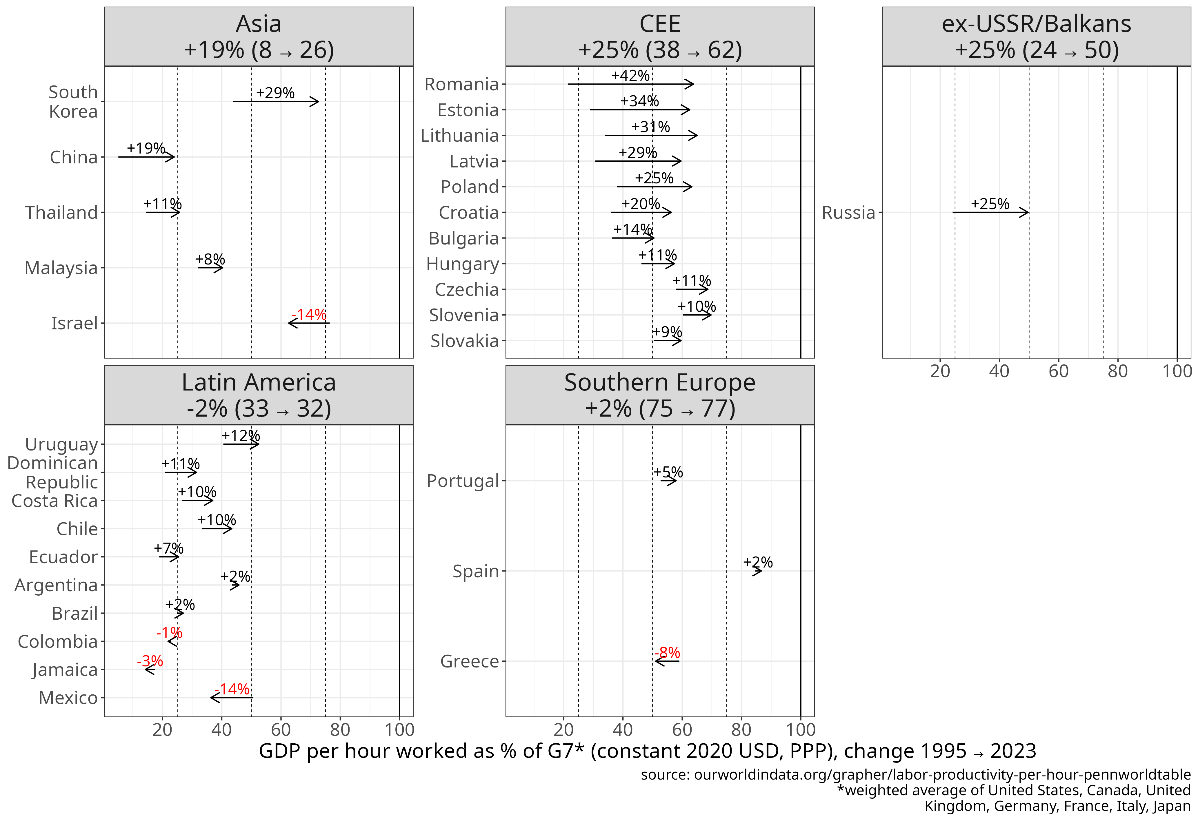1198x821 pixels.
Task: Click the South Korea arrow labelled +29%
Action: tap(275, 101)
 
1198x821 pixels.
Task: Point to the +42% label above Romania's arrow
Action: tap(630, 75)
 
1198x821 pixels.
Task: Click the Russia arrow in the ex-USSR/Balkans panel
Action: tap(990, 212)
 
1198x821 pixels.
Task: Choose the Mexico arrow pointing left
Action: tap(232, 697)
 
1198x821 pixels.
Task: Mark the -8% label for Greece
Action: tap(667, 653)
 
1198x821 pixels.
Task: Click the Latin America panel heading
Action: tap(259, 395)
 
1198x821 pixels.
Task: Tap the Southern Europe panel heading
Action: tap(660, 395)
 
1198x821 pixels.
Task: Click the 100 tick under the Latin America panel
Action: tap(399, 729)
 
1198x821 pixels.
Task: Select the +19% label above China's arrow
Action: tap(146, 148)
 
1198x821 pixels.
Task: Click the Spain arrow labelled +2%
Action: tap(757, 571)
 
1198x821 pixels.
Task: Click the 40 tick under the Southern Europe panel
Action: tap(623, 729)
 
